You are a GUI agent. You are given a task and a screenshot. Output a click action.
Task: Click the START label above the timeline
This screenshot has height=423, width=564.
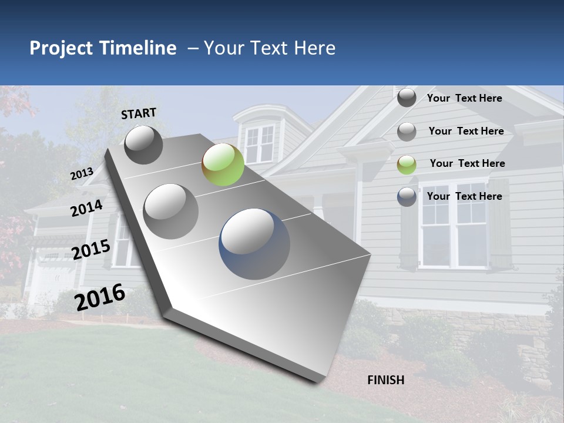[139, 113]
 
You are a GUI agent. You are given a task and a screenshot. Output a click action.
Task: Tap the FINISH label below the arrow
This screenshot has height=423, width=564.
[386, 380]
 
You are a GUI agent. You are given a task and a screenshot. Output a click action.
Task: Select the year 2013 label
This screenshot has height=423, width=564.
[82, 174]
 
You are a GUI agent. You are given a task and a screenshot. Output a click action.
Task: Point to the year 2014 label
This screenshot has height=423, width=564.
[86, 208]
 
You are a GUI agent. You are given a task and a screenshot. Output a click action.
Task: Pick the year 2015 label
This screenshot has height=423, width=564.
[91, 250]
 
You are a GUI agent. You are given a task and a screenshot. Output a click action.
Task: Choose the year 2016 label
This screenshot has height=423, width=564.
[100, 297]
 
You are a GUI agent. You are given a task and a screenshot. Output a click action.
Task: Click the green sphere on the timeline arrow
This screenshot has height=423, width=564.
[223, 164]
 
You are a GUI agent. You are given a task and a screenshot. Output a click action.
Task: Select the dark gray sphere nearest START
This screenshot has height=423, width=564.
[143, 145]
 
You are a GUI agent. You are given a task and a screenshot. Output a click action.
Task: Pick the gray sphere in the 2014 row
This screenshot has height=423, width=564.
[170, 211]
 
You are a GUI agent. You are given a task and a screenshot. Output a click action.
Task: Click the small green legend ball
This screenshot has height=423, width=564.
[407, 164]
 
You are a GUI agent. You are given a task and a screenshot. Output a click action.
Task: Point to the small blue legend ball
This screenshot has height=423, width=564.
[407, 197]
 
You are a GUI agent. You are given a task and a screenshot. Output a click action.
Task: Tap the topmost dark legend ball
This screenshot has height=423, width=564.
[407, 98]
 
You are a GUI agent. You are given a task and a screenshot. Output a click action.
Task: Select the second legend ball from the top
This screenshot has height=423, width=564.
[407, 132]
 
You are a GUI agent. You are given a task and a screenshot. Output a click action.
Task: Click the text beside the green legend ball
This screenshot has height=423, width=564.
[467, 163]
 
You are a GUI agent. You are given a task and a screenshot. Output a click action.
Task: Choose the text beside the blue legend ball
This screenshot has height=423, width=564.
[464, 196]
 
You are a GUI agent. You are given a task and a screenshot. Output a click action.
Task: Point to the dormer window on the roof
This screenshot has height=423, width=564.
[259, 143]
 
